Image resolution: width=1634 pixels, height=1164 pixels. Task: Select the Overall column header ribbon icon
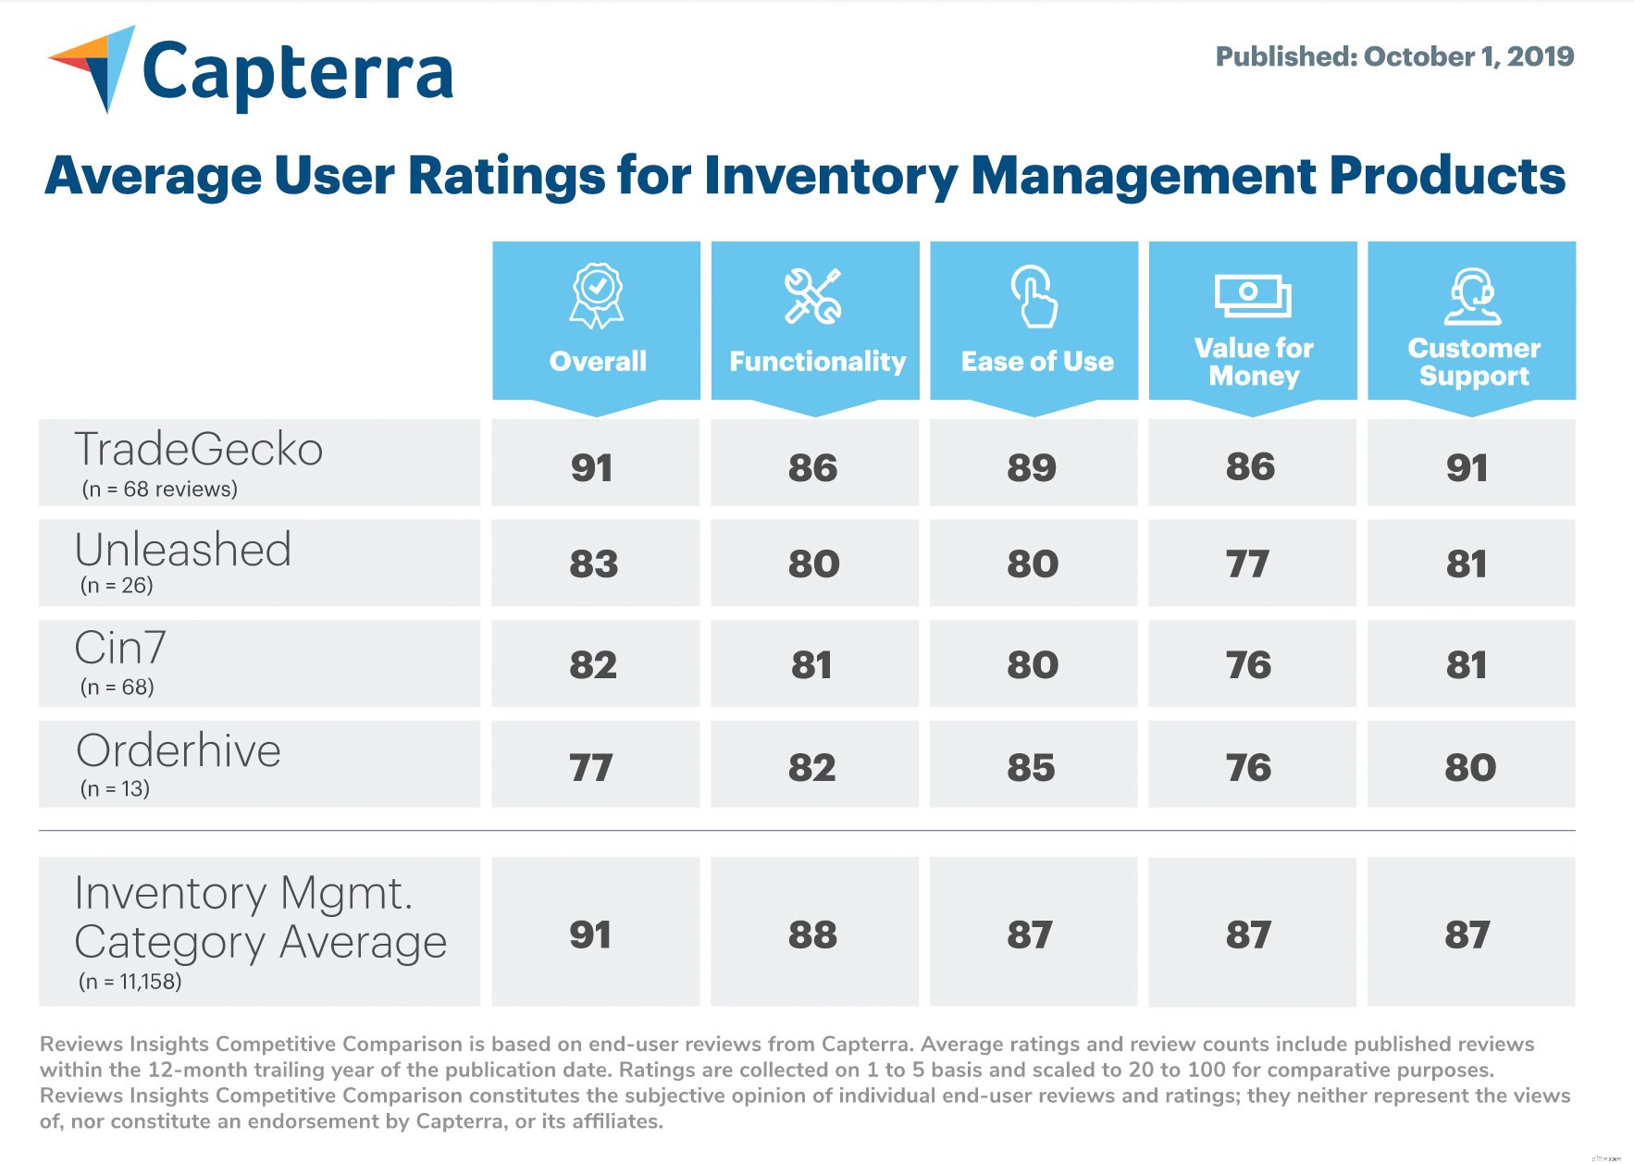tap(597, 296)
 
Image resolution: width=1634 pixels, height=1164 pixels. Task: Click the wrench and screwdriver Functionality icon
tap(813, 296)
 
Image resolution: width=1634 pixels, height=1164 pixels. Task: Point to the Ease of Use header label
tap(1036, 362)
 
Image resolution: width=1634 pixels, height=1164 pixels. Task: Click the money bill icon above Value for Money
tap(1252, 295)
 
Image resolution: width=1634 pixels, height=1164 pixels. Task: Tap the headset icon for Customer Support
tap(1472, 296)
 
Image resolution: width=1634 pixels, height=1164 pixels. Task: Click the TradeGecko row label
tap(198, 450)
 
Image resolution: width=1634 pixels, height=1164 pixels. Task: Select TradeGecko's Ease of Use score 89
tap(1032, 468)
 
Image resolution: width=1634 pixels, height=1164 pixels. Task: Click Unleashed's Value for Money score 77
tap(1247, 564)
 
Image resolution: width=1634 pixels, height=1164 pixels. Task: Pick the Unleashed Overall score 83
tap(593, 564)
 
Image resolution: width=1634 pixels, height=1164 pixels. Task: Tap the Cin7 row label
tap(120, 648)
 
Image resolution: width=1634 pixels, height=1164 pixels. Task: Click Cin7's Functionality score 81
tap(811, 665)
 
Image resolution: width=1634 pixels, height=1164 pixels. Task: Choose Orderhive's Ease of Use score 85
tap(1031, 768)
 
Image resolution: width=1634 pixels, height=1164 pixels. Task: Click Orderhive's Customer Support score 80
tap(1469, 768)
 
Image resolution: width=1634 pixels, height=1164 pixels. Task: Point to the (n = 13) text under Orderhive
tap(115, 789)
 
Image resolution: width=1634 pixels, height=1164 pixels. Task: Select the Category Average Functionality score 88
tap(812, 935)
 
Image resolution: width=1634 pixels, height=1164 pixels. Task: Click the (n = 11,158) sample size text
tap(130, 982)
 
